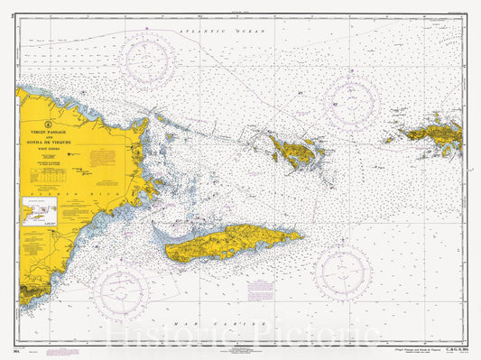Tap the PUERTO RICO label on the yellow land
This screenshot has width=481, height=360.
[51, 192]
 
